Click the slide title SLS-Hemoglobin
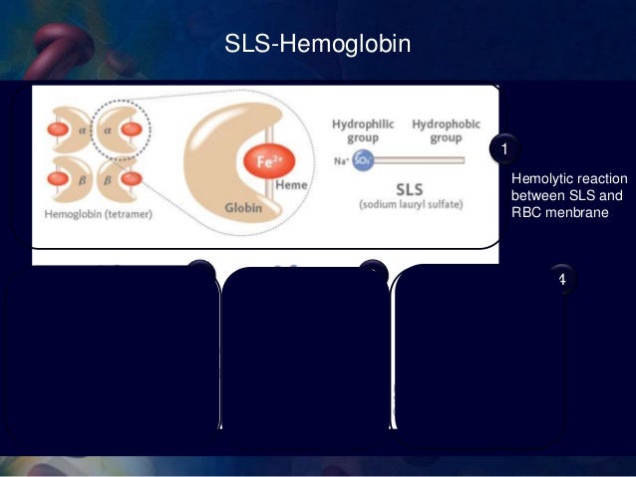(x=318, y=46)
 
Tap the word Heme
(x=290, y=184)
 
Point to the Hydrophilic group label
(x=363, y=130)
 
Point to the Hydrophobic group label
(x=446, y=130)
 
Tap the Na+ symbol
(x=340, y=160)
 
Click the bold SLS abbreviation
(x=410, y=187)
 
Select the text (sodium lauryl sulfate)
(x=409, y=203)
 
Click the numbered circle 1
(x=505, y=149)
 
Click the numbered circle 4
(x=561, y=279)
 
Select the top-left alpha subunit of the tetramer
(x=64, y=129)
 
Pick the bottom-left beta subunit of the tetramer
(x=64, y=179)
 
